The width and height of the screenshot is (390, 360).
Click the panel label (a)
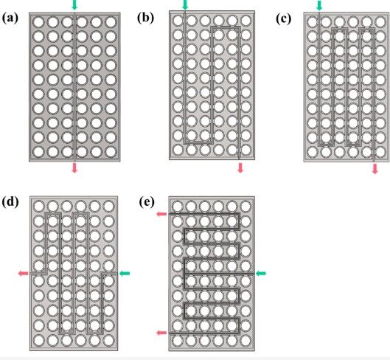coord(10,18)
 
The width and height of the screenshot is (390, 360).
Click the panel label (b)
coord(145,18)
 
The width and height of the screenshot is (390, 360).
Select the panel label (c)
coord(284,19)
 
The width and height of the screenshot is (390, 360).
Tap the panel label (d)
coord(10,201)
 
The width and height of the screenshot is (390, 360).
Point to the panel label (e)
coord(147,202)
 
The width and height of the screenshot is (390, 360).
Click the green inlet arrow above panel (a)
coord(74,4)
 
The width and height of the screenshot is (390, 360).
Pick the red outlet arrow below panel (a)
coord(74,167)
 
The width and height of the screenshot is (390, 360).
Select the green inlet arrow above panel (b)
coord(185,4)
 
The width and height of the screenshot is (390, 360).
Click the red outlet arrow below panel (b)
coord(240,167)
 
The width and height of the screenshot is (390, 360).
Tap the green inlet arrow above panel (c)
coord(319,5)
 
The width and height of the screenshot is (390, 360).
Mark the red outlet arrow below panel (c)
coord(375,168)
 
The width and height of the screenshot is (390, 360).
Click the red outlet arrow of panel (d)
coord(24,274)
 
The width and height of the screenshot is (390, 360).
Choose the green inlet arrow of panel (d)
coord(125,274)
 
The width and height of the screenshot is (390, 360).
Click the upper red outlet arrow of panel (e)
coord(161,214)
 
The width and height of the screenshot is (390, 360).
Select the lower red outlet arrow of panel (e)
coord(161,333)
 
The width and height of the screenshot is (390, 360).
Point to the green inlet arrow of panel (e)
coord(261,274)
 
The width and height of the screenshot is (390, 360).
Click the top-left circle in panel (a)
coord(38,22)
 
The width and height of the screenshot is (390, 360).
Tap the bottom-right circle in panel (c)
coord(380,152)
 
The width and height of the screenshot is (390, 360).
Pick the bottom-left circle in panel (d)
coord(39,341)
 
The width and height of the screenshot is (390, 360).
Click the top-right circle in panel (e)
coord(246,206)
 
